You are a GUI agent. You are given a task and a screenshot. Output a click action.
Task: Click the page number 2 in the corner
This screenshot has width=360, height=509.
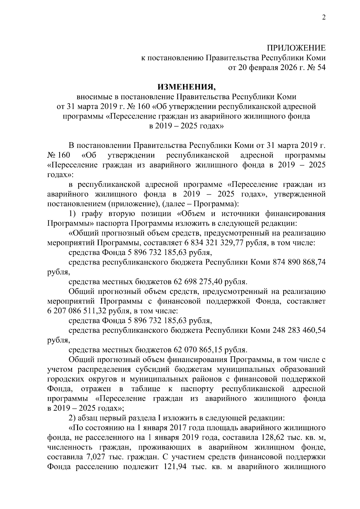pos(323,18)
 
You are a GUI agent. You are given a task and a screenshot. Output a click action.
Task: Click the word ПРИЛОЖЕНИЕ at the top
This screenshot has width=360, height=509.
pos(296,48)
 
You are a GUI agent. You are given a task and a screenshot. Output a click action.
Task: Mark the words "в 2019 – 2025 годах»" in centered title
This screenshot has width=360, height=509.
pos(186,126)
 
